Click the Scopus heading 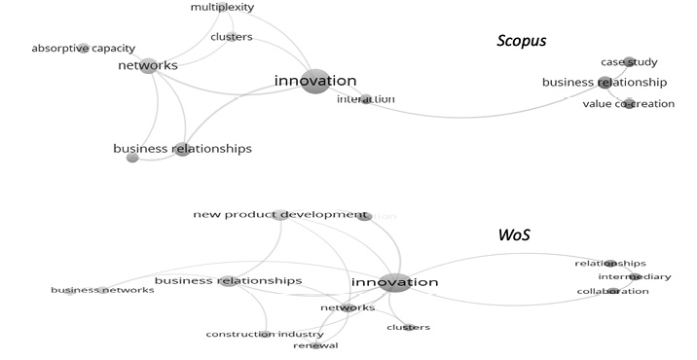tap(522, 41)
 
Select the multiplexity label tap(222, 7)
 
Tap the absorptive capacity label tap(83, 48)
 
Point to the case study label tap(629, 62)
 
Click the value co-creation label tap(628, 104)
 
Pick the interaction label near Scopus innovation tap(366, 99)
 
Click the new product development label tap(280, 214)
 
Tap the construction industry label tap(265, 335)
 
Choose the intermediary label tap(634, 277)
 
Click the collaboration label tap(612, 291)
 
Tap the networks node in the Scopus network tap(149, 67)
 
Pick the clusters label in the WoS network tap(409, 328)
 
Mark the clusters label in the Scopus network tap(232, 38)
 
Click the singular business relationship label tap(605, 83)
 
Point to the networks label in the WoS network tap(348, 307)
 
